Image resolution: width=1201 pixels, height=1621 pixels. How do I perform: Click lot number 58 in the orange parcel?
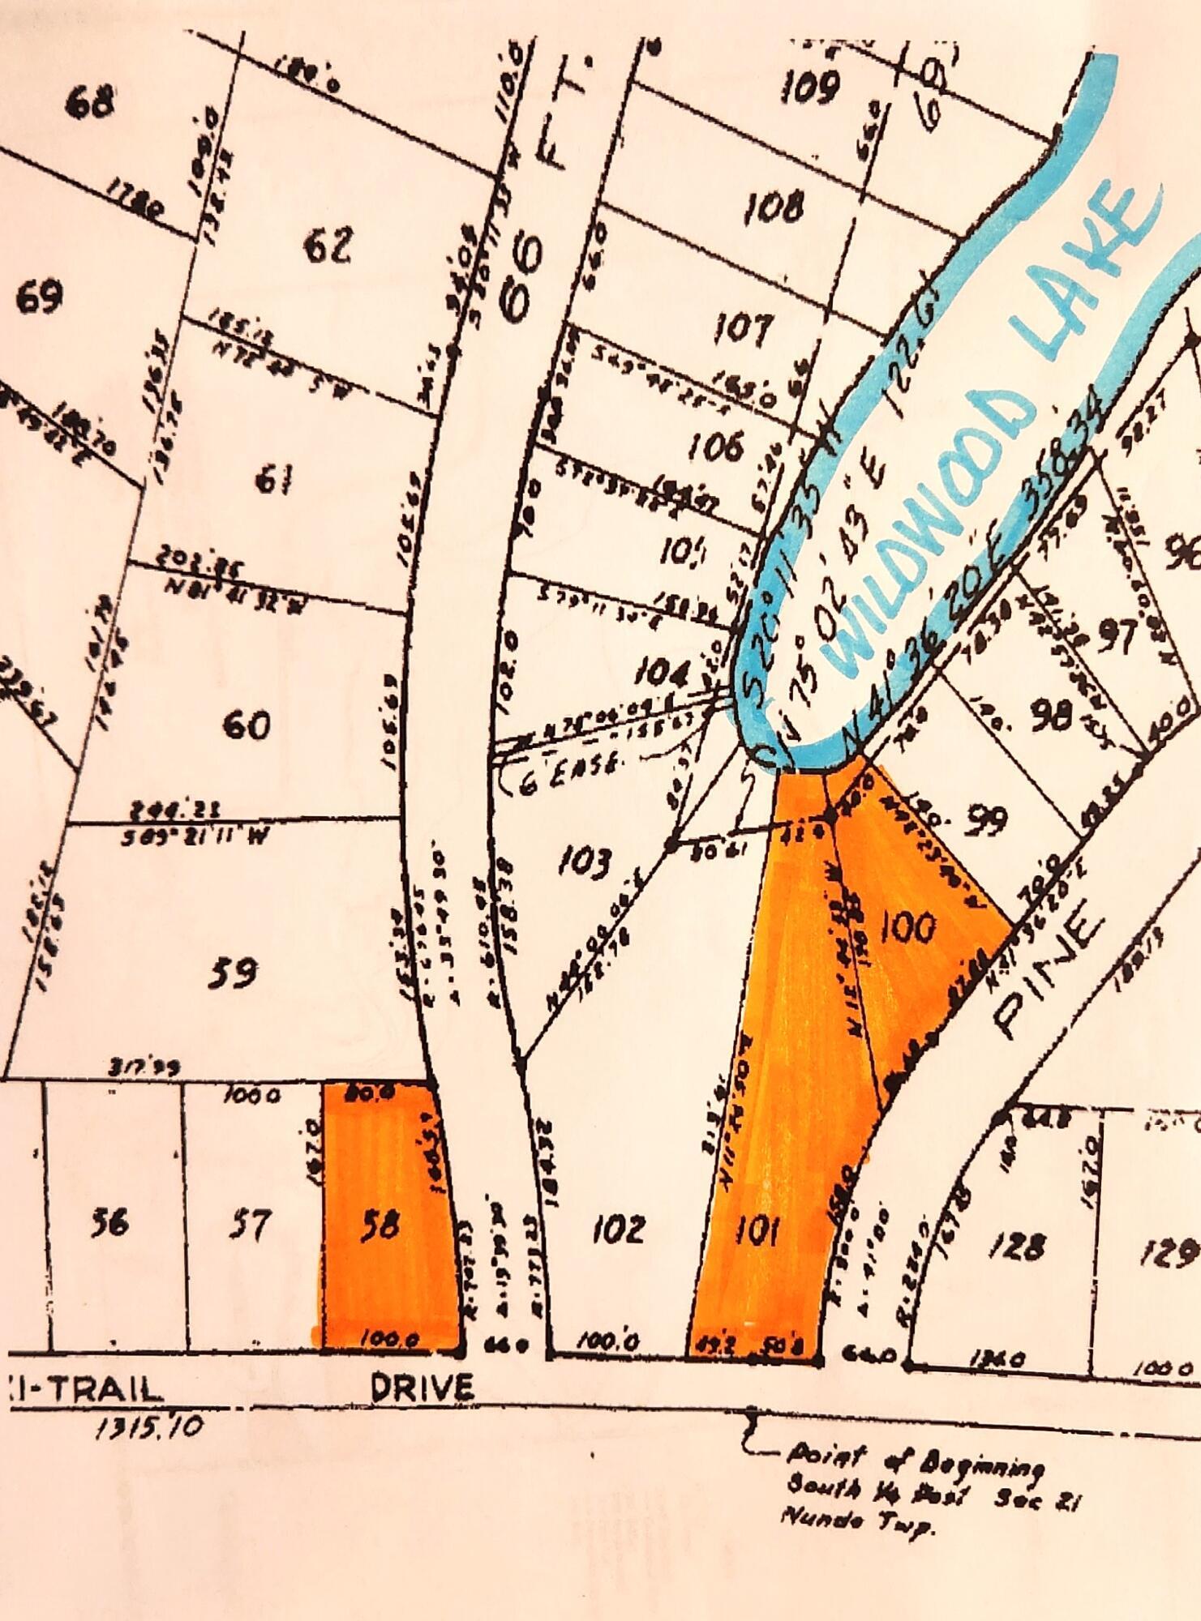pyautogui.click(x=379, y=1225)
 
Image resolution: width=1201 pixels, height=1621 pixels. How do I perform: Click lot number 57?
pyautogui.click(x=247, y=1224)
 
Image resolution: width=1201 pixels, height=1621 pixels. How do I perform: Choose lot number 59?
pyautogui.click(x=233, y=973)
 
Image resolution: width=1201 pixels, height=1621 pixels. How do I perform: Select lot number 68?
pyautogui.click(x=90, y=103)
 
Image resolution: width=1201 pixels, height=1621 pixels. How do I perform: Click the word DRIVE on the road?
pyautogui.click(x=421, y=1388)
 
